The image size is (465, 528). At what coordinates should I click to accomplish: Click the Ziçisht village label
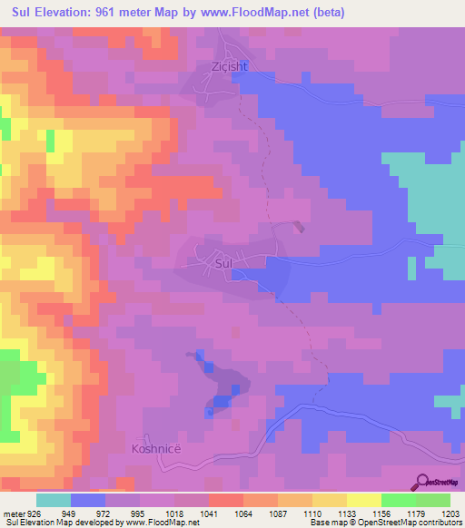[x=216, y=66]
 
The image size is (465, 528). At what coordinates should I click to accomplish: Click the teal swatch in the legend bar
[x=54, y=500]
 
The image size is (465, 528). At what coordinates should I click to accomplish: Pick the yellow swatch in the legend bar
[x=363, y=500]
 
